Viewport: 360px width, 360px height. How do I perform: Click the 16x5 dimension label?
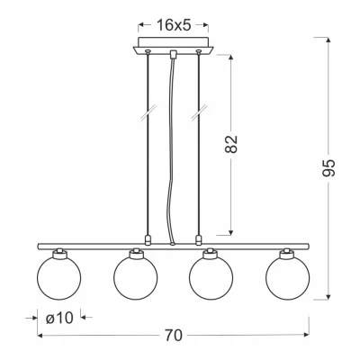pyautogui.click(x=174, y=25)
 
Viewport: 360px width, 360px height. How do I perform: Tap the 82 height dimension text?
pyautogui.click(x=231, y=144)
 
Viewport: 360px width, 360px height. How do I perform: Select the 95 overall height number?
pyautogui.click(x=328, y=167)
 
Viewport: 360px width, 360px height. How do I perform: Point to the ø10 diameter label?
pyautogui.click(x=59, y=318)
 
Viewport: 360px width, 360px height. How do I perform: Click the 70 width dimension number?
pyautogui.click(x=174, y=335)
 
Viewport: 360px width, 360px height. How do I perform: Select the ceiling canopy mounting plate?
pyautogui.click(x=173, y=46)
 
